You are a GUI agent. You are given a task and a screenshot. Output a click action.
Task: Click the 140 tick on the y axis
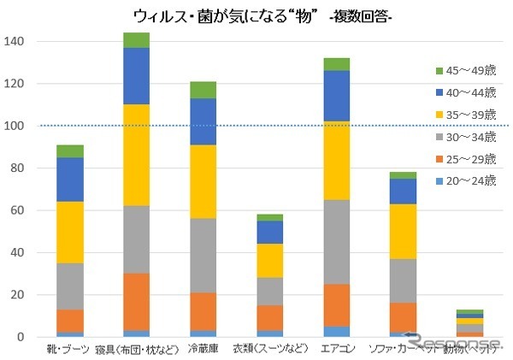click(x=17, y=42)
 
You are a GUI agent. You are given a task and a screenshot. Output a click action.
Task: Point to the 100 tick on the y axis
click(x=17, y=126)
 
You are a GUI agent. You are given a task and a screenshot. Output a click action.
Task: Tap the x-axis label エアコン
click(x=337, y=349)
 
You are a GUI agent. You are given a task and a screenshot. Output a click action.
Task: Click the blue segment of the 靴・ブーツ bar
click(x=70, y=180)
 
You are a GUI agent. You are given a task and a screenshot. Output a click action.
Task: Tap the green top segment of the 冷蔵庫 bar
click(x=203, y=90)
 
